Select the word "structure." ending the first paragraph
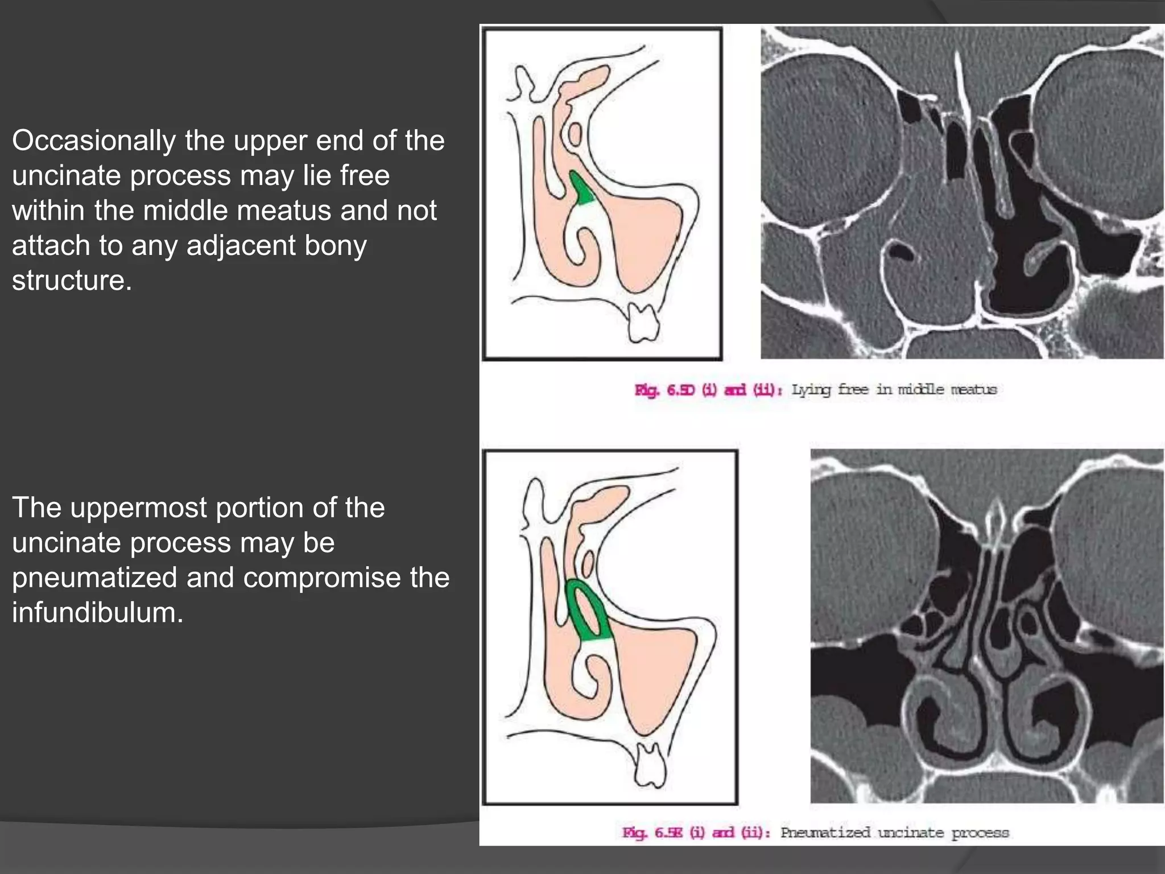72,281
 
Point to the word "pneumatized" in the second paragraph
94,578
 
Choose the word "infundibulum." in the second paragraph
97,613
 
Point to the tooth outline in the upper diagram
643,322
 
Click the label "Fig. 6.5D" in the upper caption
664,390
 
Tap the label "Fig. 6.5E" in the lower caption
652,833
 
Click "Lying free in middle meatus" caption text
894,390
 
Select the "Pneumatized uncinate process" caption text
894,833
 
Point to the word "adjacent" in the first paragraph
241,246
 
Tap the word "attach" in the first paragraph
51,246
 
